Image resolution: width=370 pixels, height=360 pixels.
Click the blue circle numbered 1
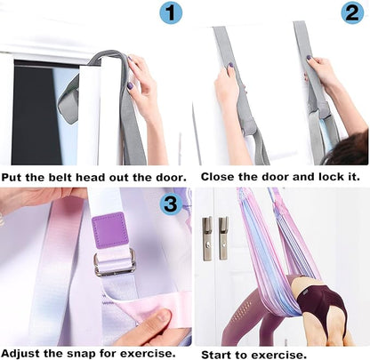point(170,12)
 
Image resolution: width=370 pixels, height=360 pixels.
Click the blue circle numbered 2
point(352,12)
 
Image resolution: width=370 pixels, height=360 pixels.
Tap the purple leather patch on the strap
point(110,231)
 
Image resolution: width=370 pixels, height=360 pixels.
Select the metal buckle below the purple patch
point(116,262)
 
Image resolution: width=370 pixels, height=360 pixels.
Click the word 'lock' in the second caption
point(318,176)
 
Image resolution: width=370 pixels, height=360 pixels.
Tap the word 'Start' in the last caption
point(220,353)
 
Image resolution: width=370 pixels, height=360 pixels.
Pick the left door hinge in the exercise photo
point(206,238)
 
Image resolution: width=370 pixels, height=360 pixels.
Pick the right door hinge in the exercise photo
point(222,238)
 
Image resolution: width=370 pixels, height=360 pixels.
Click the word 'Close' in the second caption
point(220,176)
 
